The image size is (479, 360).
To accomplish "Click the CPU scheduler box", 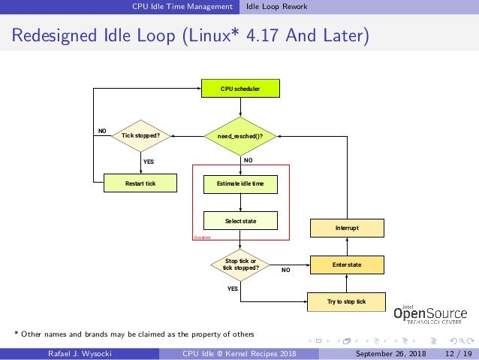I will click(x=240, y=89).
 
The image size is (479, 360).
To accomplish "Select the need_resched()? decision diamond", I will click(x=240, y=136).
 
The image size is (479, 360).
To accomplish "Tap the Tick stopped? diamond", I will click(x=141, y=136).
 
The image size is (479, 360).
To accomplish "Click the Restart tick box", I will click(x=140, y=183).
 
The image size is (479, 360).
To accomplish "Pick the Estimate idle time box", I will click(x=240, y=183).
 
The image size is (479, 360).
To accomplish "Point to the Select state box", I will click(x=240, y=221).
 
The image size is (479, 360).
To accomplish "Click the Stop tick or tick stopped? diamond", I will click(x=240, y=265).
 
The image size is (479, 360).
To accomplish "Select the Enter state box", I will click(x=347, y=265).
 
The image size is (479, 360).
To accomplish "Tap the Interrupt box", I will click(x=347, y=228).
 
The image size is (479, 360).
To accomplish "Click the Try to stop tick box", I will click(x=346, y=301).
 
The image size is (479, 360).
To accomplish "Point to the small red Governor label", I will click(x=203, y=236).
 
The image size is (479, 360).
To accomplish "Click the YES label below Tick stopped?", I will click(x=148, y=160).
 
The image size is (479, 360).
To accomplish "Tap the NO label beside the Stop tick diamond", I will click(x=285, y=269).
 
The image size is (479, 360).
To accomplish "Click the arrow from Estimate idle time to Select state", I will click(x=240, y=201).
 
